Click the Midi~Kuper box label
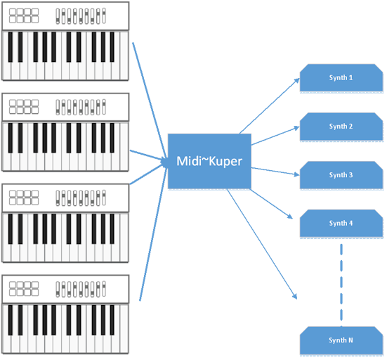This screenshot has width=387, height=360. click(209, 161)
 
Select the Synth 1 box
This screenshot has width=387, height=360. click(341, 78)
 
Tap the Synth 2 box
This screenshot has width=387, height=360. click(341, 127)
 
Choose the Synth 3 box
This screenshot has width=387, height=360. click(341, 175)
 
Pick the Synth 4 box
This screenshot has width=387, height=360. click(341, 224)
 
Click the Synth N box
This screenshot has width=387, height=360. click(341, 341)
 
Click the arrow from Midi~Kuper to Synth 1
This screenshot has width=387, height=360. click(269, 106)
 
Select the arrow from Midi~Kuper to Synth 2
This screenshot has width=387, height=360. click(275, 136)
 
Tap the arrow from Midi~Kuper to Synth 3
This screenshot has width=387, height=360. click(275, 172)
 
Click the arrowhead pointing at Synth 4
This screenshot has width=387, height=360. click(290, 217)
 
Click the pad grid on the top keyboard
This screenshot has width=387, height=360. click(24, 15)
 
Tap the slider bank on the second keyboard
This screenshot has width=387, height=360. click(81, 108)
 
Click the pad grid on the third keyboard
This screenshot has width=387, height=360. click(24, 198)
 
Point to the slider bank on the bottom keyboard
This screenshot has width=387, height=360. click(81, 289)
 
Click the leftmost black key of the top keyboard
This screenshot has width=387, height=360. click(11, 47)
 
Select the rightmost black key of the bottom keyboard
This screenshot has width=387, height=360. click(112, 320)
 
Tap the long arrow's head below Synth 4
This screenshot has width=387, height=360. click(294, 296)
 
